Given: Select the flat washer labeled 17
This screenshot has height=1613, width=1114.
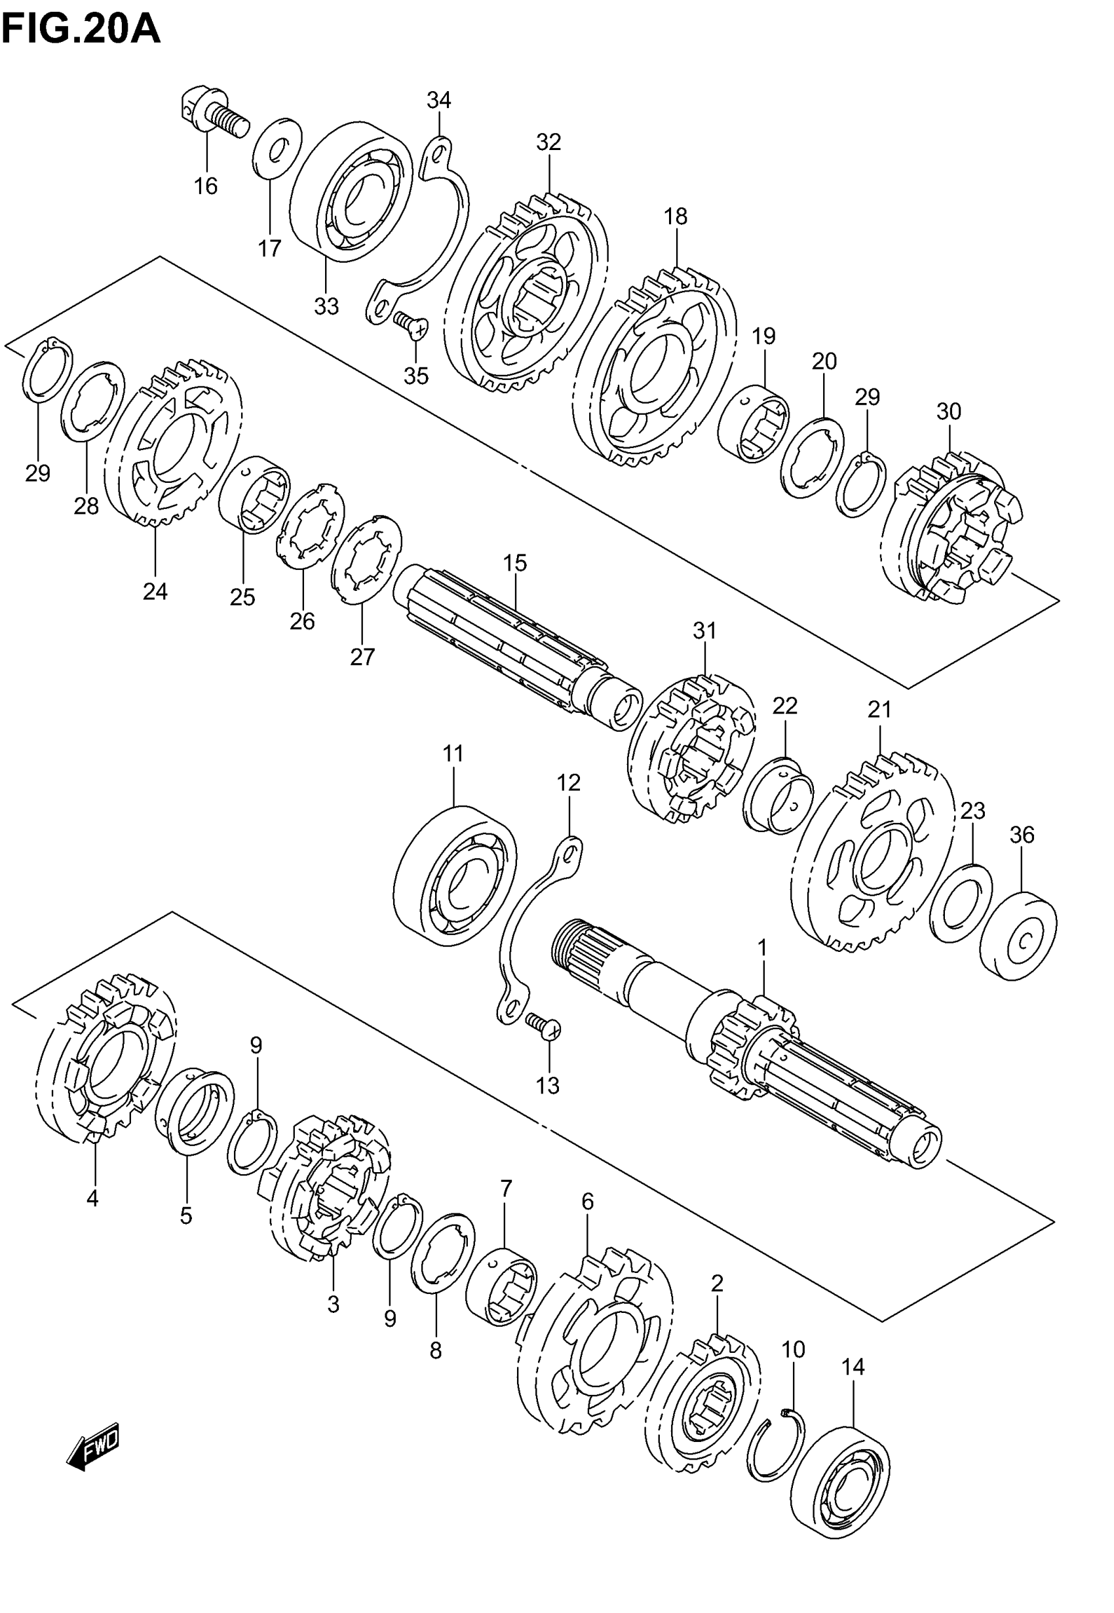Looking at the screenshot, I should coord(277,149).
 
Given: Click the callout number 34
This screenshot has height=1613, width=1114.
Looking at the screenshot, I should coord(439,100).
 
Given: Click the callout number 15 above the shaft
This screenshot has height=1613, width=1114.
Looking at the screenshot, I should coord(515,562).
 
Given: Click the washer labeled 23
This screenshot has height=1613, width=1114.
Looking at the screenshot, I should coord(961,904).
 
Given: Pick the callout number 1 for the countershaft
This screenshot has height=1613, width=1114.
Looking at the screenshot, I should coord(762,947).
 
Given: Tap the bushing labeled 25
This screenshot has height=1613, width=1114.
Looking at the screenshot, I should coord(254,495).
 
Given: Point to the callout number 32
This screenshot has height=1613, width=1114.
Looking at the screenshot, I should coord(548,142).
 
